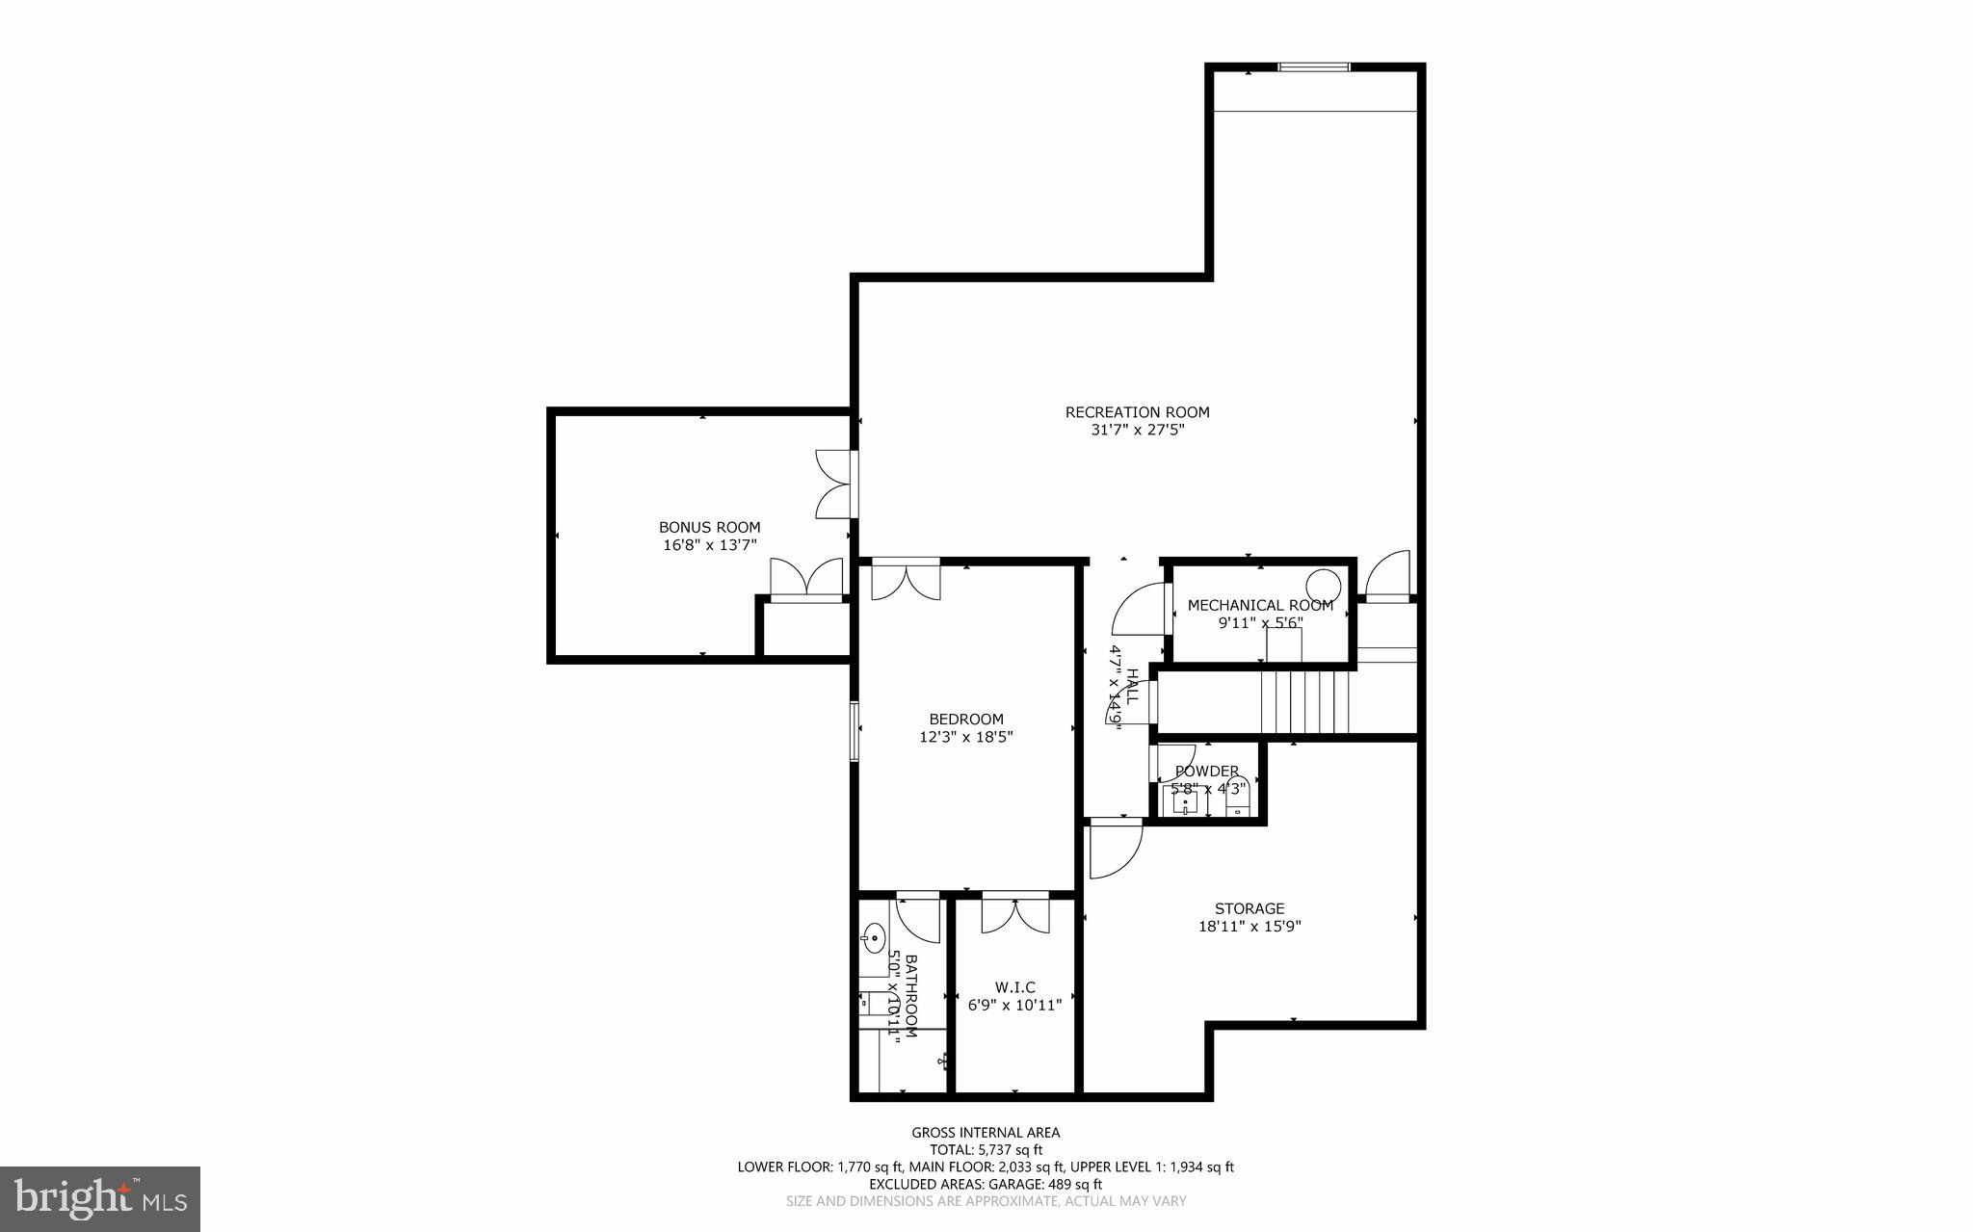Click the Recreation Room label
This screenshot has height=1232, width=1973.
coord(1137,412)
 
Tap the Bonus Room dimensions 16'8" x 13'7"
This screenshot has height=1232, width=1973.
coord(709,545)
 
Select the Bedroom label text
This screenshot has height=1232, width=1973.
coord(966,719)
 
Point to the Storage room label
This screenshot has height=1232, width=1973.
coord(1250,908)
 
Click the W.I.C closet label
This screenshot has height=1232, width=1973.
coord(1014,987)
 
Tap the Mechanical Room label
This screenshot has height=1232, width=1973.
coord(1260,605)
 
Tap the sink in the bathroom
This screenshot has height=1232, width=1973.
coord(875,936)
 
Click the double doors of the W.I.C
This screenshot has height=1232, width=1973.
coord(1015,913)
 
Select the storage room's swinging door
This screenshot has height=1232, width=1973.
coord(1114,850)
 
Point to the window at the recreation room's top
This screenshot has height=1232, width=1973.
coord(1313,66)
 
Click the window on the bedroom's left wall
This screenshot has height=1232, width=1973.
coord(855,731)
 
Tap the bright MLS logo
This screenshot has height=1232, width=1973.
coord(100,1199)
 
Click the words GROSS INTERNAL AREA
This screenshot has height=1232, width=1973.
coord(986,1133)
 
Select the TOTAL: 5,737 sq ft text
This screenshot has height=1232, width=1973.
coord(986,1149)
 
